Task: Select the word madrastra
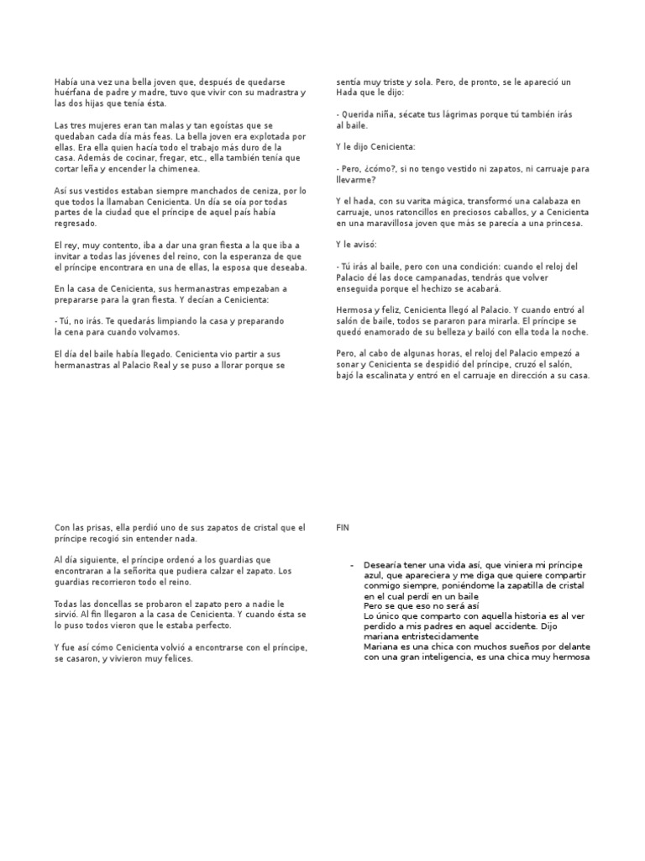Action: (x=276, y=92)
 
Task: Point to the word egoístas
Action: (x=212, y=125)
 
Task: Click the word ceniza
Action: (x=258, y=191)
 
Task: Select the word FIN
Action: (x=343, y=528)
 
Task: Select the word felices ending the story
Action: (x=176, y=637)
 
